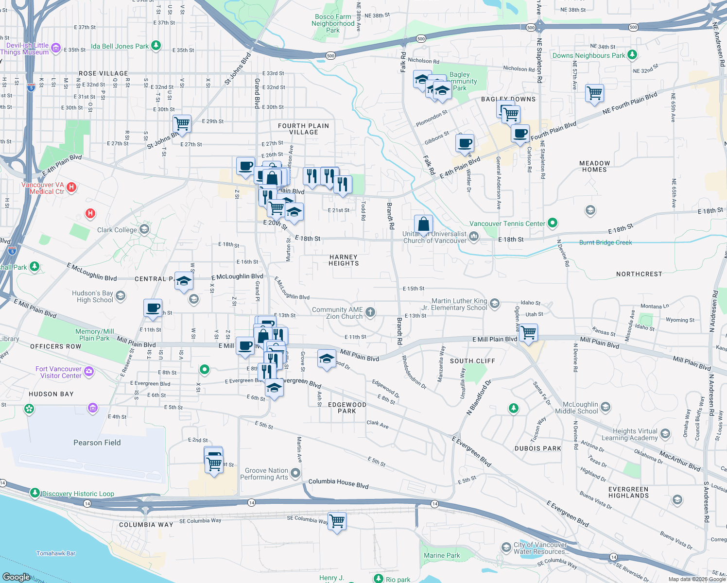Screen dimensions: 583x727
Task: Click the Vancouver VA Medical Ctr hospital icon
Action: point(71,187)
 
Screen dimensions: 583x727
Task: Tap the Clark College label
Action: point(117,230)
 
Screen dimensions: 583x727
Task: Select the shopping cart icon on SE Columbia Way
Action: point(337,521)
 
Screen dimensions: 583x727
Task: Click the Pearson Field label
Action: point(97,443)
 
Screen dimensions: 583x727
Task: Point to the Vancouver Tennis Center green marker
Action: point(552,223)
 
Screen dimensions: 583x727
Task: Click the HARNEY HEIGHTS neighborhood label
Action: point(344,260)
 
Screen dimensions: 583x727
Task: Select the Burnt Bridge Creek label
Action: point(606,242)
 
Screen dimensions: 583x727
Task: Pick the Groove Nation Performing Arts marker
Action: point(295,473)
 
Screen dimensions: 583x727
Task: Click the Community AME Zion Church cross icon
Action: point(370,312)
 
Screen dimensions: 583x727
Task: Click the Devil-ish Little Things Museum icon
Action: point(56,48)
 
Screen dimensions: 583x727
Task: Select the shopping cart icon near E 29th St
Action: point(182,123)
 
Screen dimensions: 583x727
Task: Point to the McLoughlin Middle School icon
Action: point(606,407)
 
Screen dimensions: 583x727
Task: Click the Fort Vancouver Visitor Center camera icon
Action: point(89,372)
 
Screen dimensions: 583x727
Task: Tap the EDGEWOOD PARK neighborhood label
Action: point(347,408)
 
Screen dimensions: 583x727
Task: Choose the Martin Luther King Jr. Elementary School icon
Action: point(495,304)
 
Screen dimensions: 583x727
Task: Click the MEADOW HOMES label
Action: point(594,167)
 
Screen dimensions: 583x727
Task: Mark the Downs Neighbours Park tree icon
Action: point(632,55)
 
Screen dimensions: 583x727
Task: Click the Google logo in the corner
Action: point(16,577)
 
